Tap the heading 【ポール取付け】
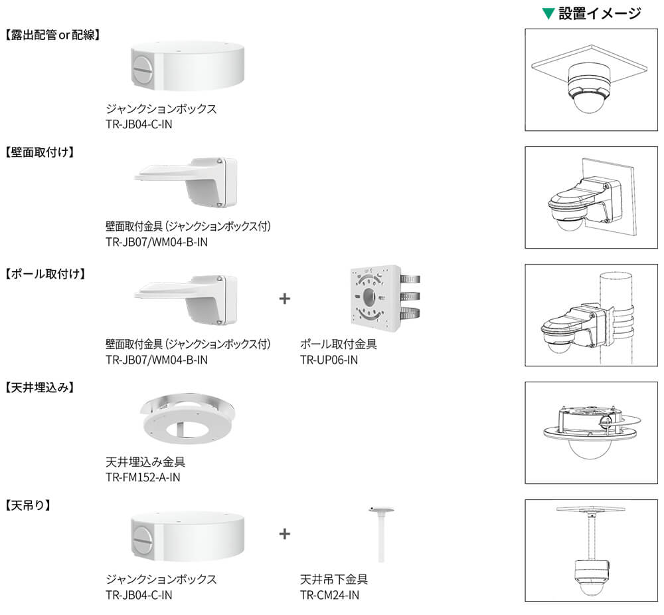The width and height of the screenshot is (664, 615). (x=45, y=273)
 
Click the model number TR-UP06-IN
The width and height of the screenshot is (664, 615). (x=329, y=360)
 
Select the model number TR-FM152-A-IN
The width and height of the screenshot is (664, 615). (x=143, y=477)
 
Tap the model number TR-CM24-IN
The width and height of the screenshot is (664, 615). (x=329, y=594)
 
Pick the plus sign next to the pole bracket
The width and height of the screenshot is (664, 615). (x=285, y=299)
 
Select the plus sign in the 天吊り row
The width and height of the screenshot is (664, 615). (x=285, y=533)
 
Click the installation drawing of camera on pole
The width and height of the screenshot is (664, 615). (x=591, y=315)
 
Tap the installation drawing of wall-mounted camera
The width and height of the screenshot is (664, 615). (x=591, y=197)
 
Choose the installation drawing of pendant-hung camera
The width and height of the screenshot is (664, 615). (x=591, y=551)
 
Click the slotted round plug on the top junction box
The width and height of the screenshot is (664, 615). (x=144, y=70)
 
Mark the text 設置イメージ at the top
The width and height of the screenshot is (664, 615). (x=600, y=13)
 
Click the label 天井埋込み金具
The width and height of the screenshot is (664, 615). (x=145, y=462)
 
